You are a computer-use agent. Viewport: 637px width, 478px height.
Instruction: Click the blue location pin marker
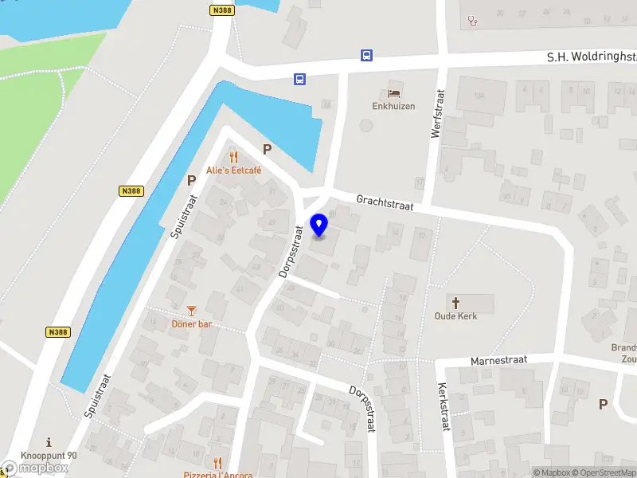(x=319, y=225)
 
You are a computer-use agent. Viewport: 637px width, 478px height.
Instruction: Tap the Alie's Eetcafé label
(x=234, y=170)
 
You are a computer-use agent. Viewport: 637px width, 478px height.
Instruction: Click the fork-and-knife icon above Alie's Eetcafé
(x=233, y=157)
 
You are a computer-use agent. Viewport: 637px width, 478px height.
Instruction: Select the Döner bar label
(x=191, y=324)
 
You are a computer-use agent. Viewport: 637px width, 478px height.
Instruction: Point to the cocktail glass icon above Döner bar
(x=191, y=311)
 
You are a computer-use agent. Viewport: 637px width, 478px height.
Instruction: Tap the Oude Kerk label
(x=455, y=316)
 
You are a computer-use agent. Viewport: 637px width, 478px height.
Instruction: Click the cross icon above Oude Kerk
(x=456, y=303)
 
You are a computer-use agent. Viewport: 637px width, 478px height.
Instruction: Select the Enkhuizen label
(x=393, y=106)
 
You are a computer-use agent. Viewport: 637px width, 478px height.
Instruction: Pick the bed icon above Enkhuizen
(x=393, y=92)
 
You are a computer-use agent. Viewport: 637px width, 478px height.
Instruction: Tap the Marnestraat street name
(x=499, y=360)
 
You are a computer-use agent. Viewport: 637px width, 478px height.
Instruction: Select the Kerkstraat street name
(x=443, y=407)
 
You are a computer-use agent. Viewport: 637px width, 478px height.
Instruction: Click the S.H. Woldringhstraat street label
(x=591, y=57)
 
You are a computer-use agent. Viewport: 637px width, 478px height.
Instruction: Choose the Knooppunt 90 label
(x=49, y=456)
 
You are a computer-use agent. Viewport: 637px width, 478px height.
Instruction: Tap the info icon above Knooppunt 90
(x=49, y=442)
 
